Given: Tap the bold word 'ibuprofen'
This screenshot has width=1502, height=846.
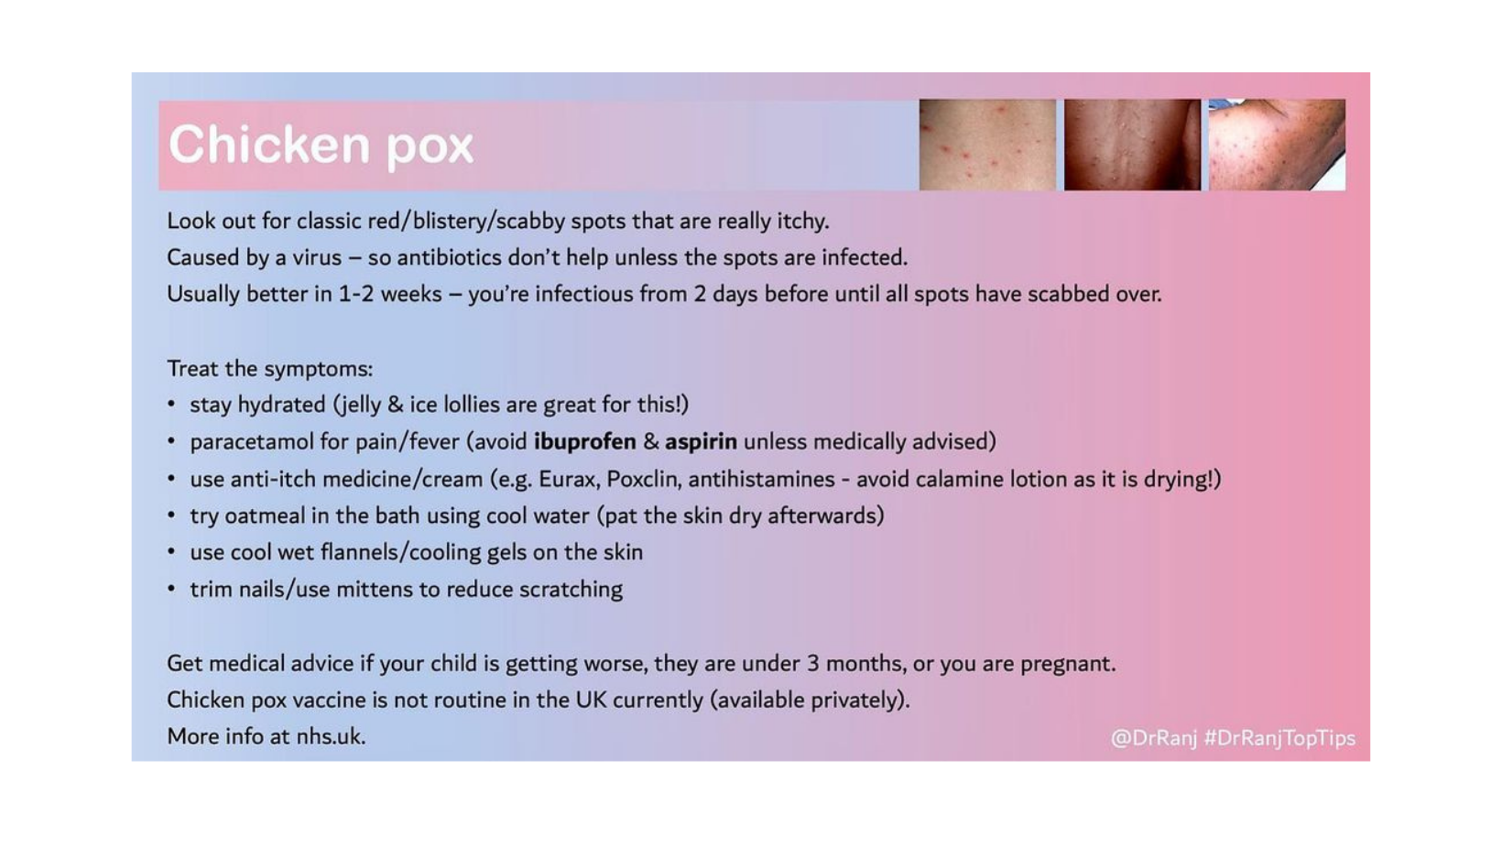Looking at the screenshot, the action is (584, 442).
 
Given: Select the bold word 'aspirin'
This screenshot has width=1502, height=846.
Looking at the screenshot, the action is (701, 442).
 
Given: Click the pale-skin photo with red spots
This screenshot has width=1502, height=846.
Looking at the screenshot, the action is (987, 145).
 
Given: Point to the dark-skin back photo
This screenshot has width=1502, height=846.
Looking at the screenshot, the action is (1132, 145).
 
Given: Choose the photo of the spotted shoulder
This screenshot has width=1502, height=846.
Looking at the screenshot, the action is (1277, 145).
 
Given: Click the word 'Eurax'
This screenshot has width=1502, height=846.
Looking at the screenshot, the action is (570, 480).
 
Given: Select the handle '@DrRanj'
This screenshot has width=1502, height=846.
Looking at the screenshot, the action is (1153, 739).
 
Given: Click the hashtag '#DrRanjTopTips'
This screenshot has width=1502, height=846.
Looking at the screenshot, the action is (1279, 739).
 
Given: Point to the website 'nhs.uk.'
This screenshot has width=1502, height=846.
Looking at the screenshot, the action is (332, 737).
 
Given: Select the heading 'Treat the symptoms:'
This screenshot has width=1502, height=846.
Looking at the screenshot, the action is (269, 369).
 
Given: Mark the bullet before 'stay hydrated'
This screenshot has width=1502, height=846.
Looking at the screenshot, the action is (171, 404).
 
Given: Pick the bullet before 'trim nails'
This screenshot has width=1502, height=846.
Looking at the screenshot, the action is (171, 589).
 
